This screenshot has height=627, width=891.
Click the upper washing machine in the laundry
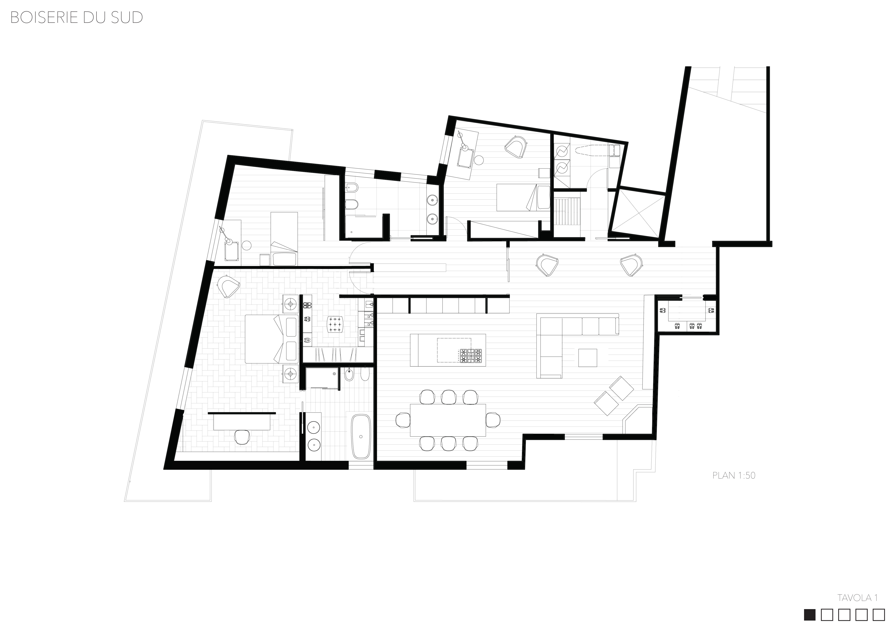tap(561, 150)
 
